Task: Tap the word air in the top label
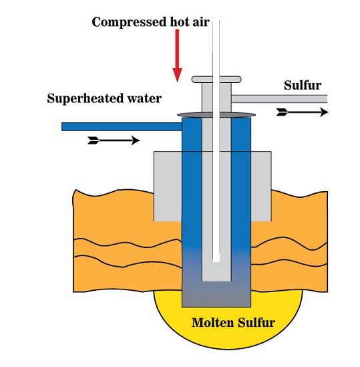(x=199, y=22)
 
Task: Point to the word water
(x=142, y=99)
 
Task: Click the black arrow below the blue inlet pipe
(x=114, y=140)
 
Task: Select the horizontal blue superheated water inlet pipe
(x=120, y=126)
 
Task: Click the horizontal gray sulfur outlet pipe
(x=281, y=98)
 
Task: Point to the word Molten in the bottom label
(x=213, y=323)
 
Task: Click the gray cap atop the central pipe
(x=216, y=80)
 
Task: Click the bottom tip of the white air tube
(x=216, y=259)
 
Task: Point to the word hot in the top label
(x=174, y=22)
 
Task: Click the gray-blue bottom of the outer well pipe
(x=216, y=294)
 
